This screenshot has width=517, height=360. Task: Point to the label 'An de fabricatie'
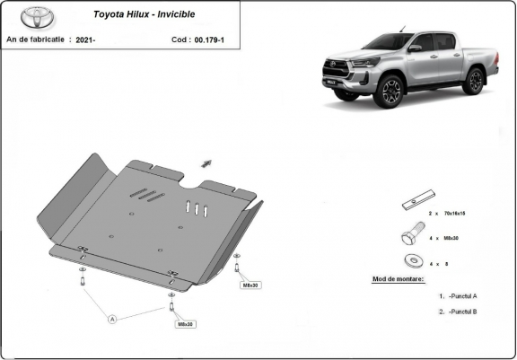pyautogui.click(x=36, y=40)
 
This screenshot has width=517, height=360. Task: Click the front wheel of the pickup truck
pyautogui.click(x=390, y=92)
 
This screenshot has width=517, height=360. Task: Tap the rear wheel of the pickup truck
pyautogui.click(x=474, y=80)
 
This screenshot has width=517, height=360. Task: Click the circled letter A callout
pyautogui.click(x=113, y=318)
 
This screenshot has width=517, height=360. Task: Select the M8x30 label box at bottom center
pyautogui.click(x=186, y=324)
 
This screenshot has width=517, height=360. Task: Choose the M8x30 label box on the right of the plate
pyautogui.click(x=250, y=285)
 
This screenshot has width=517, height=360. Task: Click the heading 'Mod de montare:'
pyautogui.click(x=399, y=279)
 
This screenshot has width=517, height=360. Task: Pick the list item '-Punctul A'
pyautogui.click(x=460, y=295)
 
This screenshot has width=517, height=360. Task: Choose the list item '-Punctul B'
pyautogui.click(x=460, y=312)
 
